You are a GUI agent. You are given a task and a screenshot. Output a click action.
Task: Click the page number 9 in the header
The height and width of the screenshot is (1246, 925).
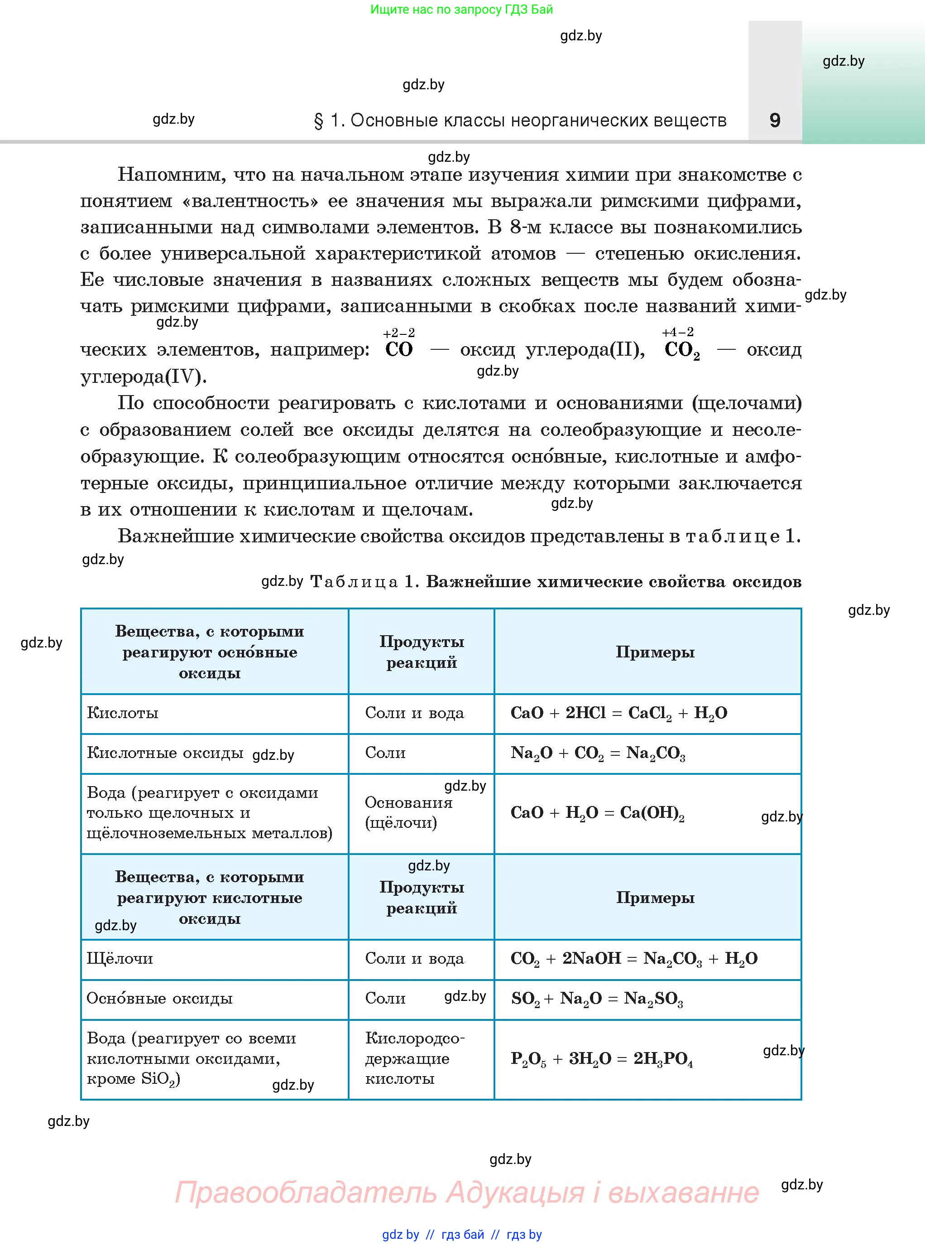click(x=775, y=120)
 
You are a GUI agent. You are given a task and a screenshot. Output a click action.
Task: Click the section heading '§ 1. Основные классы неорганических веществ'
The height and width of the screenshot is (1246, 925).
click(x=520, y=121)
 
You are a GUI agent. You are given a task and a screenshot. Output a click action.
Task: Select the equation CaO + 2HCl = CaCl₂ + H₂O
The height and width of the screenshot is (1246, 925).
click(x=619, y=713)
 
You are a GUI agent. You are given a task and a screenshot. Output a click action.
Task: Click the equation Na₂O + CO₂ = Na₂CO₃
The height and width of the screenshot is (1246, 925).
click(x=598, y=753)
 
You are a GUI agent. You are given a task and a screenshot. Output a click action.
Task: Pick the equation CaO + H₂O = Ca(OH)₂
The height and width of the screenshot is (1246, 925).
click(x=597, y=813)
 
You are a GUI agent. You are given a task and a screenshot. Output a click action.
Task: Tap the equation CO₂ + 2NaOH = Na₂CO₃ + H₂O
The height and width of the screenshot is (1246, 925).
click(x=634, y=959)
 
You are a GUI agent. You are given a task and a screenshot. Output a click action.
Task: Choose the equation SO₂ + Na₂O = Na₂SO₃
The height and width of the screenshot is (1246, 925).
click(x=597, y=998)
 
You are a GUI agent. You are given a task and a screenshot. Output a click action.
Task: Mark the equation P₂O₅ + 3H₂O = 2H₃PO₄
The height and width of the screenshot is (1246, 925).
click(x=601, y=1059)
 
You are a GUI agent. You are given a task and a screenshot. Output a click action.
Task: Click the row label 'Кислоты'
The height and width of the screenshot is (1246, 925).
click(x=123, y=713)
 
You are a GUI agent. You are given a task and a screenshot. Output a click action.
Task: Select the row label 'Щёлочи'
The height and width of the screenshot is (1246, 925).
click(x=120, y=959)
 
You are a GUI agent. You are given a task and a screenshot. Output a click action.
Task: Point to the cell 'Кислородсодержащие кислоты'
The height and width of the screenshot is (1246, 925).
click(x=414, y=1058)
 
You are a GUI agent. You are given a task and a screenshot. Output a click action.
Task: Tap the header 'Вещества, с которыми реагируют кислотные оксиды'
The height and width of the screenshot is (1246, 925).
click(x=210, y=898)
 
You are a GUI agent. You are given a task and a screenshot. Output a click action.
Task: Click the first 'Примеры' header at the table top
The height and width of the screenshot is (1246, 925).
click(x=655, y=652)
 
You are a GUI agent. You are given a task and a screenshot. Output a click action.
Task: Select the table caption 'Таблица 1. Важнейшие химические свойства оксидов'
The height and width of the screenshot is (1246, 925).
click(x=556, y=581)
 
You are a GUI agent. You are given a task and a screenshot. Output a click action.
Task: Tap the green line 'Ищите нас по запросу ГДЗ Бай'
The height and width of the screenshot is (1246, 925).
click(x=461, y=10)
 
